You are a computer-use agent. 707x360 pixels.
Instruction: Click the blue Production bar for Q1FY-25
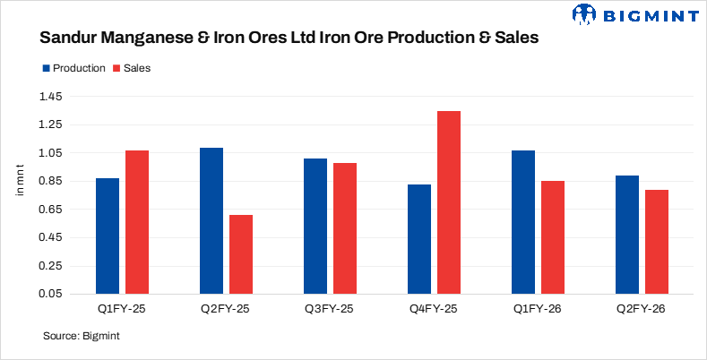(x=108, y=236)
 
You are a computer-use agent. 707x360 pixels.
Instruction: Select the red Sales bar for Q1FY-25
(x=137, y=222)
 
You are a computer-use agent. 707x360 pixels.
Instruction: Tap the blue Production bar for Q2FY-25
(x=211, y=220)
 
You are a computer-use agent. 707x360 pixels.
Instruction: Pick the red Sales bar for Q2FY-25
(x=241, y=254)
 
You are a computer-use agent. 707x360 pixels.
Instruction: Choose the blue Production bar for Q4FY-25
(x=419, y=239)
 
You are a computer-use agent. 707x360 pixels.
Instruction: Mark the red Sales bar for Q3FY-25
(x=345, y=228)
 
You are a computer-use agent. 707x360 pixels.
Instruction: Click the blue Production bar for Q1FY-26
(x=523, y=222)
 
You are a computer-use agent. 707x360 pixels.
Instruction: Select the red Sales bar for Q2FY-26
(x=657, y=242)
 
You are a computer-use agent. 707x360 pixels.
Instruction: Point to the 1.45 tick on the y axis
(x=50, y=97)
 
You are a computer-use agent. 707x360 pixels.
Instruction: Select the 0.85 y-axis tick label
(x=50, y=181)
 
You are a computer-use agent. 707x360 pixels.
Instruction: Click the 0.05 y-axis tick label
(x=50, y=294)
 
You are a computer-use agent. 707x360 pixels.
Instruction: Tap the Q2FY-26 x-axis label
(x=642, y=308)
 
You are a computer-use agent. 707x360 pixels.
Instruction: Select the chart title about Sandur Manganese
(x=288, y=39)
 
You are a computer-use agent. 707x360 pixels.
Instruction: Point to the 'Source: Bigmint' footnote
(x=82, y=337)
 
